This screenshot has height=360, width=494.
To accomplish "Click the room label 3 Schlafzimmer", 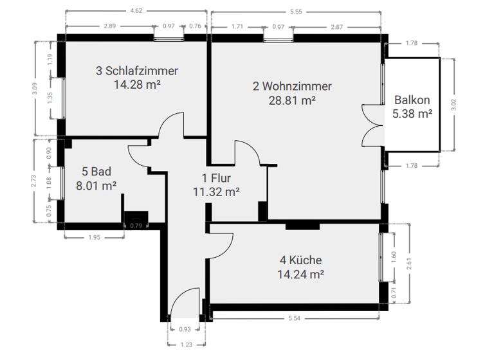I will pyautogui.click(x=136, y=71).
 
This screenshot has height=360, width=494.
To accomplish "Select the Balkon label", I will pyautogui.click(x=412, y=101).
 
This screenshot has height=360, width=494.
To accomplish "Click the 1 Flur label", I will pyautogui.click(x=216, y=178).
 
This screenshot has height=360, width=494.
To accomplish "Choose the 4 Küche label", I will pyautogui.click(x=300, y=260).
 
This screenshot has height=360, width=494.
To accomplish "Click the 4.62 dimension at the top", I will pyautogui.click(x=136, y=11).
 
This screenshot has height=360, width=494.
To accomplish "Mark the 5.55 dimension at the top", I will pyautogui.click(x=297, y=11).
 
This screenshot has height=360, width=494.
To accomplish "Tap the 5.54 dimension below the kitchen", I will pyautogui.click(x=295, y=318).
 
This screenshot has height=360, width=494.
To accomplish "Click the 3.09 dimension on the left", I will pyautogui.click(x=35, y=89).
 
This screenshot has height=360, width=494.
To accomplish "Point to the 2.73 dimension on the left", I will pyautogui.click(x=35, y=181).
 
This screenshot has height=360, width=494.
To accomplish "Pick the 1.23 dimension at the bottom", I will pyautogui.click(x=185, y=345).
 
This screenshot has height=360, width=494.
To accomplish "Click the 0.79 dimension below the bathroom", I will pyautogui.click(x=136, y=226).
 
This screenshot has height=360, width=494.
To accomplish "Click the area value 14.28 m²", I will pyautogui.click(x=136, y=84).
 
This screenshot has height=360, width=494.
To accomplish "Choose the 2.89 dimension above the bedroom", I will pyautogui.click(x=110, y=26).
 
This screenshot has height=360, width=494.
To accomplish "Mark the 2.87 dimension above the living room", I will pyautogui.click(x=337, y=26).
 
